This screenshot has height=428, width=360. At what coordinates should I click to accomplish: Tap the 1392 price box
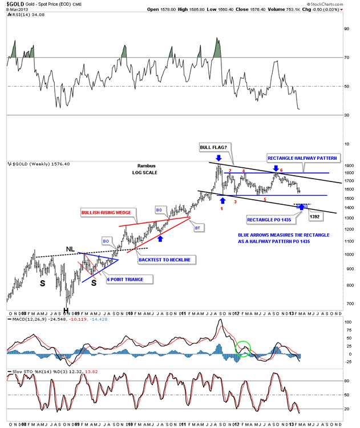click(x=314, y=216)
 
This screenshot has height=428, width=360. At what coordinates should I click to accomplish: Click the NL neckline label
click(x=70, y=248)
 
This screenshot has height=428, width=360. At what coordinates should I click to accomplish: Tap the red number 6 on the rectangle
click(x=281, y=170)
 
